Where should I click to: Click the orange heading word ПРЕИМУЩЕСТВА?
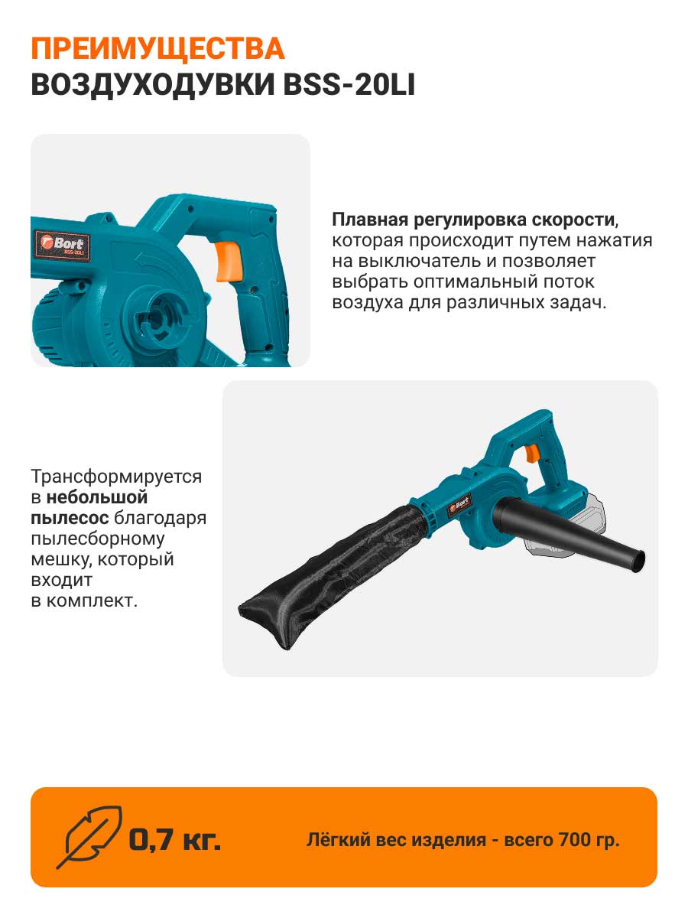(x=158, y=49)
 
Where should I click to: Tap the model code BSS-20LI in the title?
(x=349, y=86)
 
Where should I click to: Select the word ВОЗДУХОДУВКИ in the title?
(x=153, y=86)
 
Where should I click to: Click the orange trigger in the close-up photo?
(x=229, y=262)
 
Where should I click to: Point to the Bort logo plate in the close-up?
(x=62, y=246)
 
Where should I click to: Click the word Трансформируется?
(x=116, y=477)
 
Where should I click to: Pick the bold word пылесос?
(x=70, y=518)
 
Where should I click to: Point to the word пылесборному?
(x=98, y=539)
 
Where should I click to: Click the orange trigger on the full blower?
(x=532, y=454)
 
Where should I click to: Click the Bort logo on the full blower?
(x=459, y=505)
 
